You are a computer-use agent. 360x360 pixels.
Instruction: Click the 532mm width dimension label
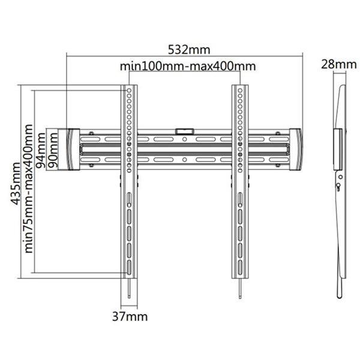[x=184, y=49]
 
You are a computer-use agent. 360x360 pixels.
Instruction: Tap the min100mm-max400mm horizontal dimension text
[x=188, y=66]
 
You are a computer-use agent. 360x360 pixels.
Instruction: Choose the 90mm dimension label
[x=53, y=149]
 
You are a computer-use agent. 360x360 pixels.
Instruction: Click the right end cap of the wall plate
[x=295, y=149]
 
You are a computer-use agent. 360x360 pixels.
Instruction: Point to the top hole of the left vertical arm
[x=130, y=91]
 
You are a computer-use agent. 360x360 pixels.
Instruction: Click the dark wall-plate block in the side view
[x=337, y=148]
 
